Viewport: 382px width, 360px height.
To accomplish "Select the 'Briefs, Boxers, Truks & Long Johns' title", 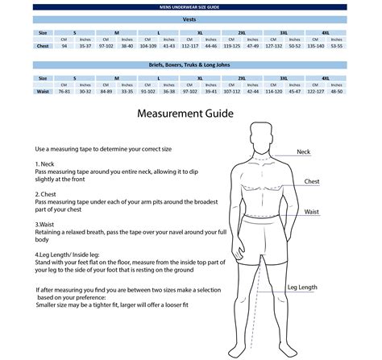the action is tap(191, 64).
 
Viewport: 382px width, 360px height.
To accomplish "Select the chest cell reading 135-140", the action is tap(316, 47).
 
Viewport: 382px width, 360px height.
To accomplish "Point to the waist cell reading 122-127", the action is tap(316, 92).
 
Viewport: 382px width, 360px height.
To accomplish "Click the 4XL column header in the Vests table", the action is tap(326, 32).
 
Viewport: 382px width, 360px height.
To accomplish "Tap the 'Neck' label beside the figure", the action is tap(303, 152).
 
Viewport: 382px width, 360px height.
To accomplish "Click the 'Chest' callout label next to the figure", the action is tap(311, 182).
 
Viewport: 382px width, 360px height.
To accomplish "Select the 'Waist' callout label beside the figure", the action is tap(311, 212).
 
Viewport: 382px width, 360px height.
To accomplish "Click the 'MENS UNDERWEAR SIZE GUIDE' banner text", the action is tap(191, 6).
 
